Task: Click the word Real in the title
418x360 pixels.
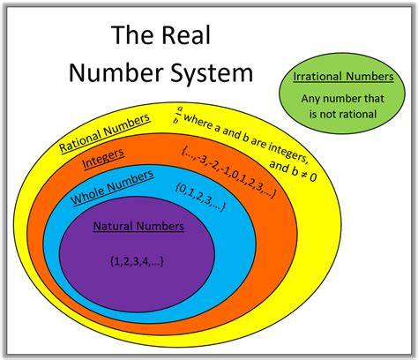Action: pyautogui.click(x=186, y=35)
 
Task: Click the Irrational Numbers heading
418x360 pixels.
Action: pyautogui.click(x=343, y=77)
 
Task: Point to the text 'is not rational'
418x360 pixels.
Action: pyautogui.click(x=343, y=114)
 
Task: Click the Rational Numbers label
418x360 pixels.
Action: pyautogui.click(x=105, y=133)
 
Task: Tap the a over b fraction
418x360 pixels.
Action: pyautogui.click(x=178, y=115)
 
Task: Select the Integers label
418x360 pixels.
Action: pyautogui.click(x=103, y=158)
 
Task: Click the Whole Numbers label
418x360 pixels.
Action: pyautogui.click(x=112, y=187)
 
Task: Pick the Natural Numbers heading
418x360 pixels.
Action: pyautogui.click(x=138, y=226)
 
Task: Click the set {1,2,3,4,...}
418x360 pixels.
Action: pyautogui.click(x=137, y=261)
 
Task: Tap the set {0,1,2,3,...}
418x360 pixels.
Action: pyautogui.click(x=200, y=197)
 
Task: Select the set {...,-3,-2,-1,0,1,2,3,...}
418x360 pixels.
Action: pyautogui.click(x=229, y=172)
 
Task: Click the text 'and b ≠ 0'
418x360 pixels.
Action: pyautogui.click(x=293, y=171)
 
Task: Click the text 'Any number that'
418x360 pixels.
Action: pyautogui.click(x=343, y=99)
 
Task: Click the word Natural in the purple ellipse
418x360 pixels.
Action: pyautogui.click(x=113, y=226)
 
